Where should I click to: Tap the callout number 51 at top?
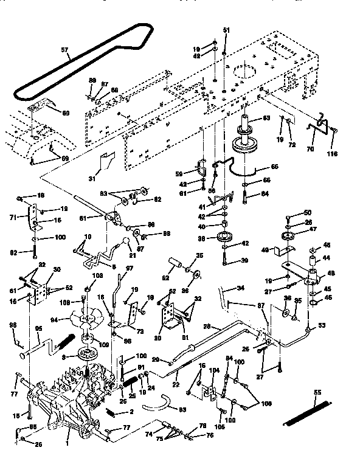pos(227,30)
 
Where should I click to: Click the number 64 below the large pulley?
pos(264,195)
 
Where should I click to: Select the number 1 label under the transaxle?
pos(66,437)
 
